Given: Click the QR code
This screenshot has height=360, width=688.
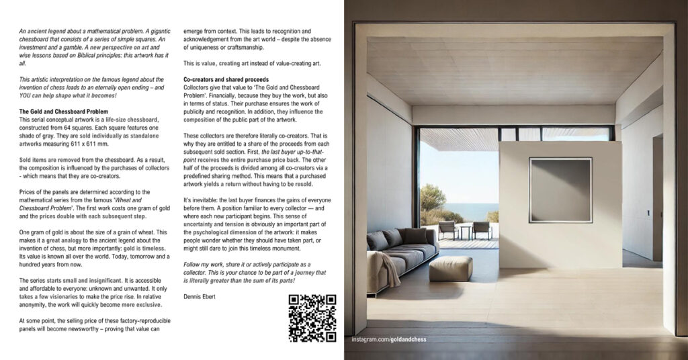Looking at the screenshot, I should tap(312, 318).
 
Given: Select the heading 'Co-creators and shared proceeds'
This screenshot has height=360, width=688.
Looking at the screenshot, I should tap(226, 80).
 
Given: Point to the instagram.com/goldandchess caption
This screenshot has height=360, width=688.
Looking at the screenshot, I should tap(389, 339).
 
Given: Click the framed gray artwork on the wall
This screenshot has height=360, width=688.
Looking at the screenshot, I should tap(560, 190).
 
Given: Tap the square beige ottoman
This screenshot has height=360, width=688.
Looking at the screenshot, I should tap(450, 268).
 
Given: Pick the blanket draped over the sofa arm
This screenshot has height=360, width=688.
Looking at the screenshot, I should tap(389, 267).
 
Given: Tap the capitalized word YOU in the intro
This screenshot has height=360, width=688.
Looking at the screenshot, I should tap(28, 95).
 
